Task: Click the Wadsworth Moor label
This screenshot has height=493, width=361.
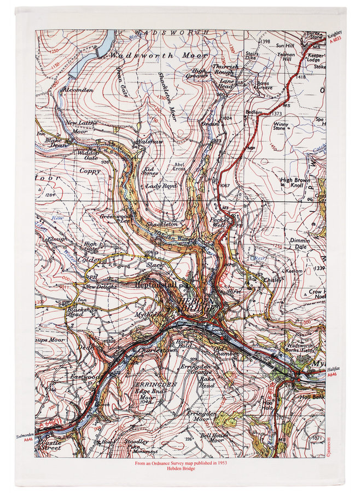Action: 159,56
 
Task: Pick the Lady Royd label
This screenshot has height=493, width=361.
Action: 161,186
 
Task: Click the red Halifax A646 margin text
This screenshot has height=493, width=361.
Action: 333,372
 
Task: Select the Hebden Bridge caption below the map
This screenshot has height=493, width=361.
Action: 180,470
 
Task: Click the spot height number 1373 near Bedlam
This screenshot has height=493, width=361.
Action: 278,113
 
